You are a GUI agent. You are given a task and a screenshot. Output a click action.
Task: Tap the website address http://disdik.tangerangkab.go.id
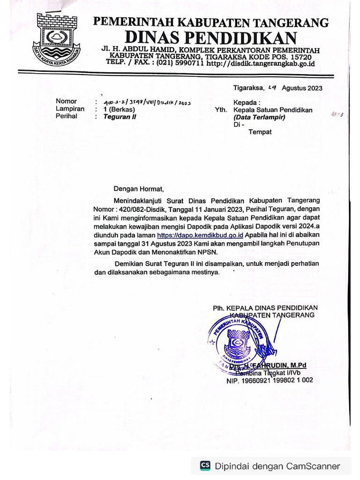coord(260,62)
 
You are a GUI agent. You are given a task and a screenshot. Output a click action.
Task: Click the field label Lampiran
coord(70,109)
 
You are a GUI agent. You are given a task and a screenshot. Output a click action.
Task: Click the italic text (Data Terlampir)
coord(259,117)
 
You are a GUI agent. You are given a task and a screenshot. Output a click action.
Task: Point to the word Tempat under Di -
coord(260,132)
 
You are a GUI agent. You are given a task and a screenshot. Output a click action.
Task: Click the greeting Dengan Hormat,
coord(139,189)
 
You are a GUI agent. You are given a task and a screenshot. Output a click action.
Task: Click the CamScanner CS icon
coord(205,465)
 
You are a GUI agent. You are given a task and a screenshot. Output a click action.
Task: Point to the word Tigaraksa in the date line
coord(248,88)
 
